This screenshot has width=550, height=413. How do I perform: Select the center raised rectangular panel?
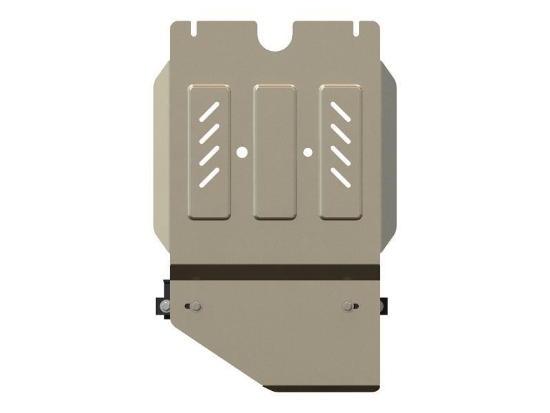tap(275, 152)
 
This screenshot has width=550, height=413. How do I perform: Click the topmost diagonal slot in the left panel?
tap(210, 112)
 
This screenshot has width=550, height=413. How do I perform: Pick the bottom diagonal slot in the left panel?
tap(210, 178)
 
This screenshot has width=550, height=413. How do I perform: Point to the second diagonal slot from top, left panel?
tap(210, 134)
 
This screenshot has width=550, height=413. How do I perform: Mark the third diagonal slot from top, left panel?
tap(210, 156)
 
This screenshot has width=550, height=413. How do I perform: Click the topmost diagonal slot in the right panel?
tap(340, 112)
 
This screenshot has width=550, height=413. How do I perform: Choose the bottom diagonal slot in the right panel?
tap(340, 178)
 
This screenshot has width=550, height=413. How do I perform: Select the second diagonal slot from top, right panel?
tap(340, 134)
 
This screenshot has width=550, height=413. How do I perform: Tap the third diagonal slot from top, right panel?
tap(340, 156)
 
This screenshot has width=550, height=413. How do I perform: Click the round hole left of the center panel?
tap(242, 152)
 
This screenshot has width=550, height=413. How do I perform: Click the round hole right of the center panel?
tap(308, 152)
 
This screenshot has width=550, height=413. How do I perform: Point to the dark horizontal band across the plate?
tap(275, 271)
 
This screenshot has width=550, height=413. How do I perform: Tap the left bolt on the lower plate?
tap(196, 306)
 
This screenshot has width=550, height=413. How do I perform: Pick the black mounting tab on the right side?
tap(384, 305)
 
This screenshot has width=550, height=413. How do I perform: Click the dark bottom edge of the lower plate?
tap(323, 388)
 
